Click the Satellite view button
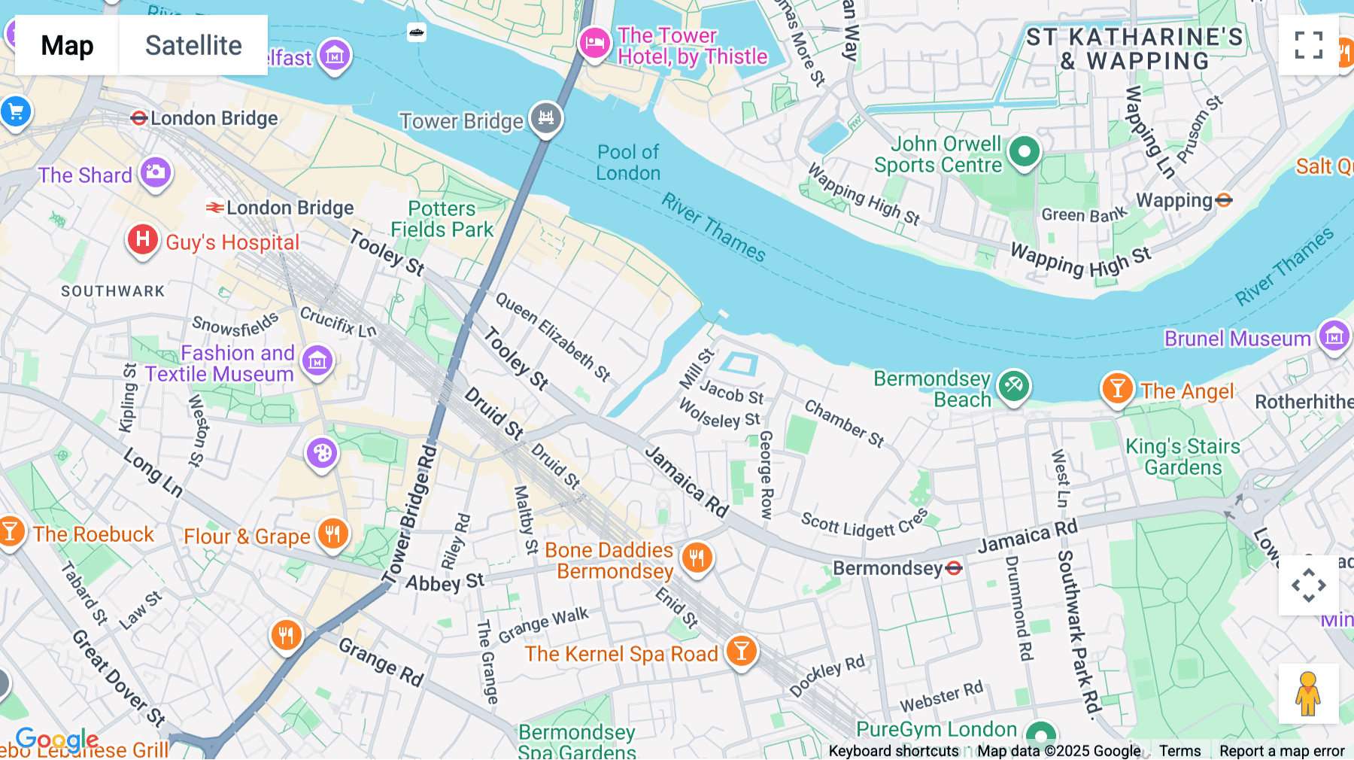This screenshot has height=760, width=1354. point(193,45)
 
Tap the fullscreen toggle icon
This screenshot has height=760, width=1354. point(1308,45)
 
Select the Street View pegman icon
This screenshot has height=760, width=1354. point(1308,694)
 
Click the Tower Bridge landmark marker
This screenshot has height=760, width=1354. point(546,118)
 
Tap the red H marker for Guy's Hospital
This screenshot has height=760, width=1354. point(142,240)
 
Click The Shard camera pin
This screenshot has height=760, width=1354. point(156,172)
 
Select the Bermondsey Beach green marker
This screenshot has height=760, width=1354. point(1013,387)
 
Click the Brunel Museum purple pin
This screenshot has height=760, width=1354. point(1334,336)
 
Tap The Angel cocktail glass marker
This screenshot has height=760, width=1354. point(1117,388)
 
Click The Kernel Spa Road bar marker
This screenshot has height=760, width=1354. point(741,651)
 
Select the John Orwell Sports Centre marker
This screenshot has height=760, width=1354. point(1024,153)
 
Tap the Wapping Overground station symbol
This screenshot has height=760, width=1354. point(1224,200)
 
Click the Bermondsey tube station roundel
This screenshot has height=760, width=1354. point(954,568)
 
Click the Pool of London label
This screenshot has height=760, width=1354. point(628,163)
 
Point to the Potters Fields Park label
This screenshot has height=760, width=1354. point(442,219)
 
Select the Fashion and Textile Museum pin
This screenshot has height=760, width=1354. point(317,361)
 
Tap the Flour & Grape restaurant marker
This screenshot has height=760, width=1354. point(332,534)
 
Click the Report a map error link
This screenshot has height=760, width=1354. point(1281,751)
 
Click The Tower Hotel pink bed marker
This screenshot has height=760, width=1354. point(594,43)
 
